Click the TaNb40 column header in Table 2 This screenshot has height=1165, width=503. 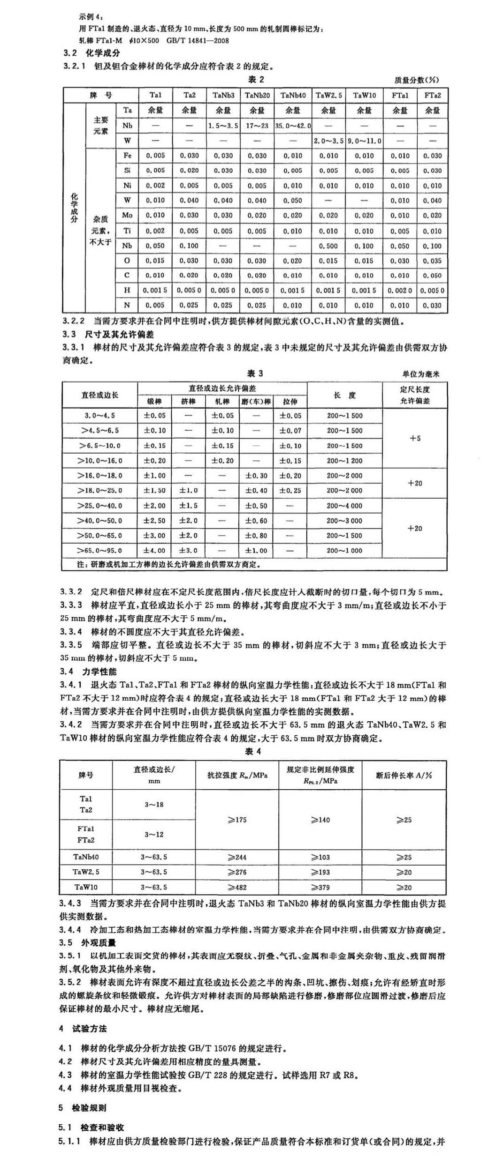293,95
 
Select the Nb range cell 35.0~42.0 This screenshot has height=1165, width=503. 293,126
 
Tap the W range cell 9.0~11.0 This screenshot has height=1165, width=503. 365,141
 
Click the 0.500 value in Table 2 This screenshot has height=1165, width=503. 328,246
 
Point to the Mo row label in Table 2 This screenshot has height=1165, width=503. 127,216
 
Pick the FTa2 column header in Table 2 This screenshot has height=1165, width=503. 433,95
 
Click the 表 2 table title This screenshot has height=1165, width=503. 256,80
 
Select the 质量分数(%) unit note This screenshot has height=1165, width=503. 417,80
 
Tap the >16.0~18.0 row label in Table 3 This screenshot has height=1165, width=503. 100,476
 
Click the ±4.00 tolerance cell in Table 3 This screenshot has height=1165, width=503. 154,551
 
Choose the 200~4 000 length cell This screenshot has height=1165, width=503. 344,506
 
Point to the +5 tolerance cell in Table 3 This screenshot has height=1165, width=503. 415,439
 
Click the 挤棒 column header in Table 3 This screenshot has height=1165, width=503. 188,402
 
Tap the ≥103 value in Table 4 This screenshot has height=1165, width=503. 320,857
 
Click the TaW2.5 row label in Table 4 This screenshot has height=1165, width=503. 86,872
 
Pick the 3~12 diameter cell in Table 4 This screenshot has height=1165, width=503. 154,835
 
